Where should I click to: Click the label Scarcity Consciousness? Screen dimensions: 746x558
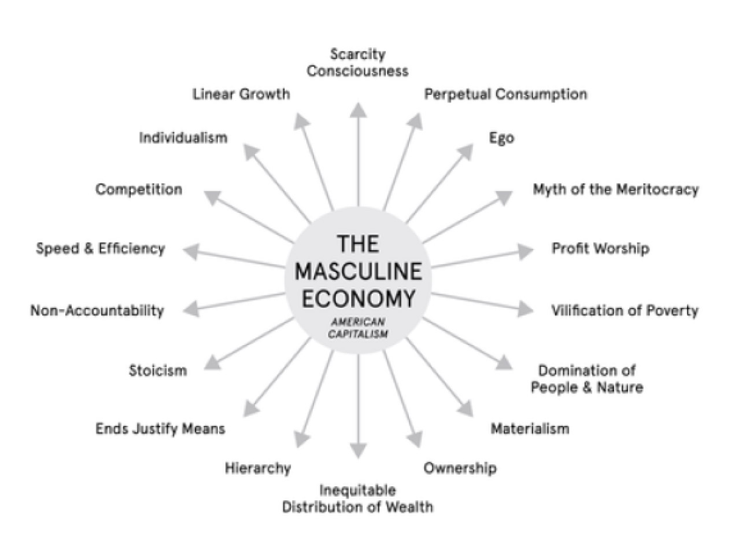[x=357, y=63]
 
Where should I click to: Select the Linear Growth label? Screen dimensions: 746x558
[x=241, y=94]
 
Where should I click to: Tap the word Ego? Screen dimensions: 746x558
[x=501, y=138]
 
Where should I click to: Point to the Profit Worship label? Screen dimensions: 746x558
[x=600, y=248]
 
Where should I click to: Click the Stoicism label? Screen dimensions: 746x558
[x=157, y=370]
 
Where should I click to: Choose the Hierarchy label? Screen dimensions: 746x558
[x=257, y=468]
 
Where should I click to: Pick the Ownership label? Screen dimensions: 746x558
[x=460, y=468]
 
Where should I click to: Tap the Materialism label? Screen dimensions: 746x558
[x=530, y=428]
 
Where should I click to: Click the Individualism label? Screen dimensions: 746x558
[x=183, y=138]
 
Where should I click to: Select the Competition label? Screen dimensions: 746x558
[x=139, y=189]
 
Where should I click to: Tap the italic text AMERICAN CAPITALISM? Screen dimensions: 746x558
[x=358, y=328]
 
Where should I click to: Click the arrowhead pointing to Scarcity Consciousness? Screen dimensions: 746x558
[x=359, y=109]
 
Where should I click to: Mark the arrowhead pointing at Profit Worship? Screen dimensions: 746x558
[x=525, y=251]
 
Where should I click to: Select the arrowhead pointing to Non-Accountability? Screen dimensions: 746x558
[x=191, y=309]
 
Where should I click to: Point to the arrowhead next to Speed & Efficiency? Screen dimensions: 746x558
[x=191, y=250]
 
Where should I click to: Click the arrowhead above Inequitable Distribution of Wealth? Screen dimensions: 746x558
[x=359, y=450]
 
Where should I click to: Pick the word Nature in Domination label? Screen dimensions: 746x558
[x=620, y=387]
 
